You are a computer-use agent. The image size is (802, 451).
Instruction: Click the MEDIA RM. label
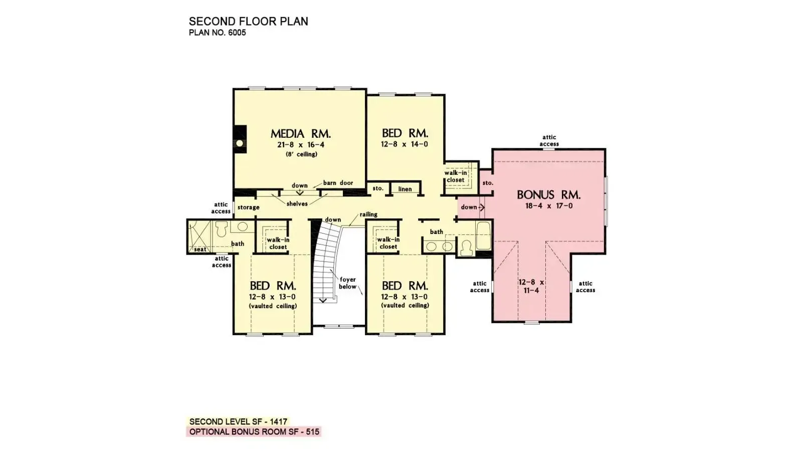[300, 134]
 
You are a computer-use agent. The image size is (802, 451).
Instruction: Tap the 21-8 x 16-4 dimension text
[300, 145]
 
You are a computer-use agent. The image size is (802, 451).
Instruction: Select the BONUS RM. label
[548, 195]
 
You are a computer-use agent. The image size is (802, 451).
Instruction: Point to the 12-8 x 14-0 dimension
[405, 144]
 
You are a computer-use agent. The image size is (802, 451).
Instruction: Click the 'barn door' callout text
[338, 183]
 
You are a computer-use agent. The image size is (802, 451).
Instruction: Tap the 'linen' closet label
[405, 189]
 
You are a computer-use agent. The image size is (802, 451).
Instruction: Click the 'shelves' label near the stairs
[297, 204]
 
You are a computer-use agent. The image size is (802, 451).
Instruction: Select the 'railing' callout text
[368, 214]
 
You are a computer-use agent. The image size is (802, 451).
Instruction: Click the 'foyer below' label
[347, 283]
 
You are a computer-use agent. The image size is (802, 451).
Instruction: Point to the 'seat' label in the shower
[200, 249]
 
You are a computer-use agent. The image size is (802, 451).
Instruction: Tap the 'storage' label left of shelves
[248, 207]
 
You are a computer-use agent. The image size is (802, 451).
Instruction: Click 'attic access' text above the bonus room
[549, 140]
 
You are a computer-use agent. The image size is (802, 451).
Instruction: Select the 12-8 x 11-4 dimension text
[531, 286]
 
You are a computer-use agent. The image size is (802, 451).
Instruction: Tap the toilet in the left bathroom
[222, 229]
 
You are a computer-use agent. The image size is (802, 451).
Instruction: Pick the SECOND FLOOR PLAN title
[248, 22]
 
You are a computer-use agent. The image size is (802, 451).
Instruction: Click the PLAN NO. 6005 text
[217, 33]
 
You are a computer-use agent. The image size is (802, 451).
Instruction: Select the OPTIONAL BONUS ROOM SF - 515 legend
[254, 431]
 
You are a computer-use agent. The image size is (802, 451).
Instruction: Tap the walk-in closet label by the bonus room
[456, 176]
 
